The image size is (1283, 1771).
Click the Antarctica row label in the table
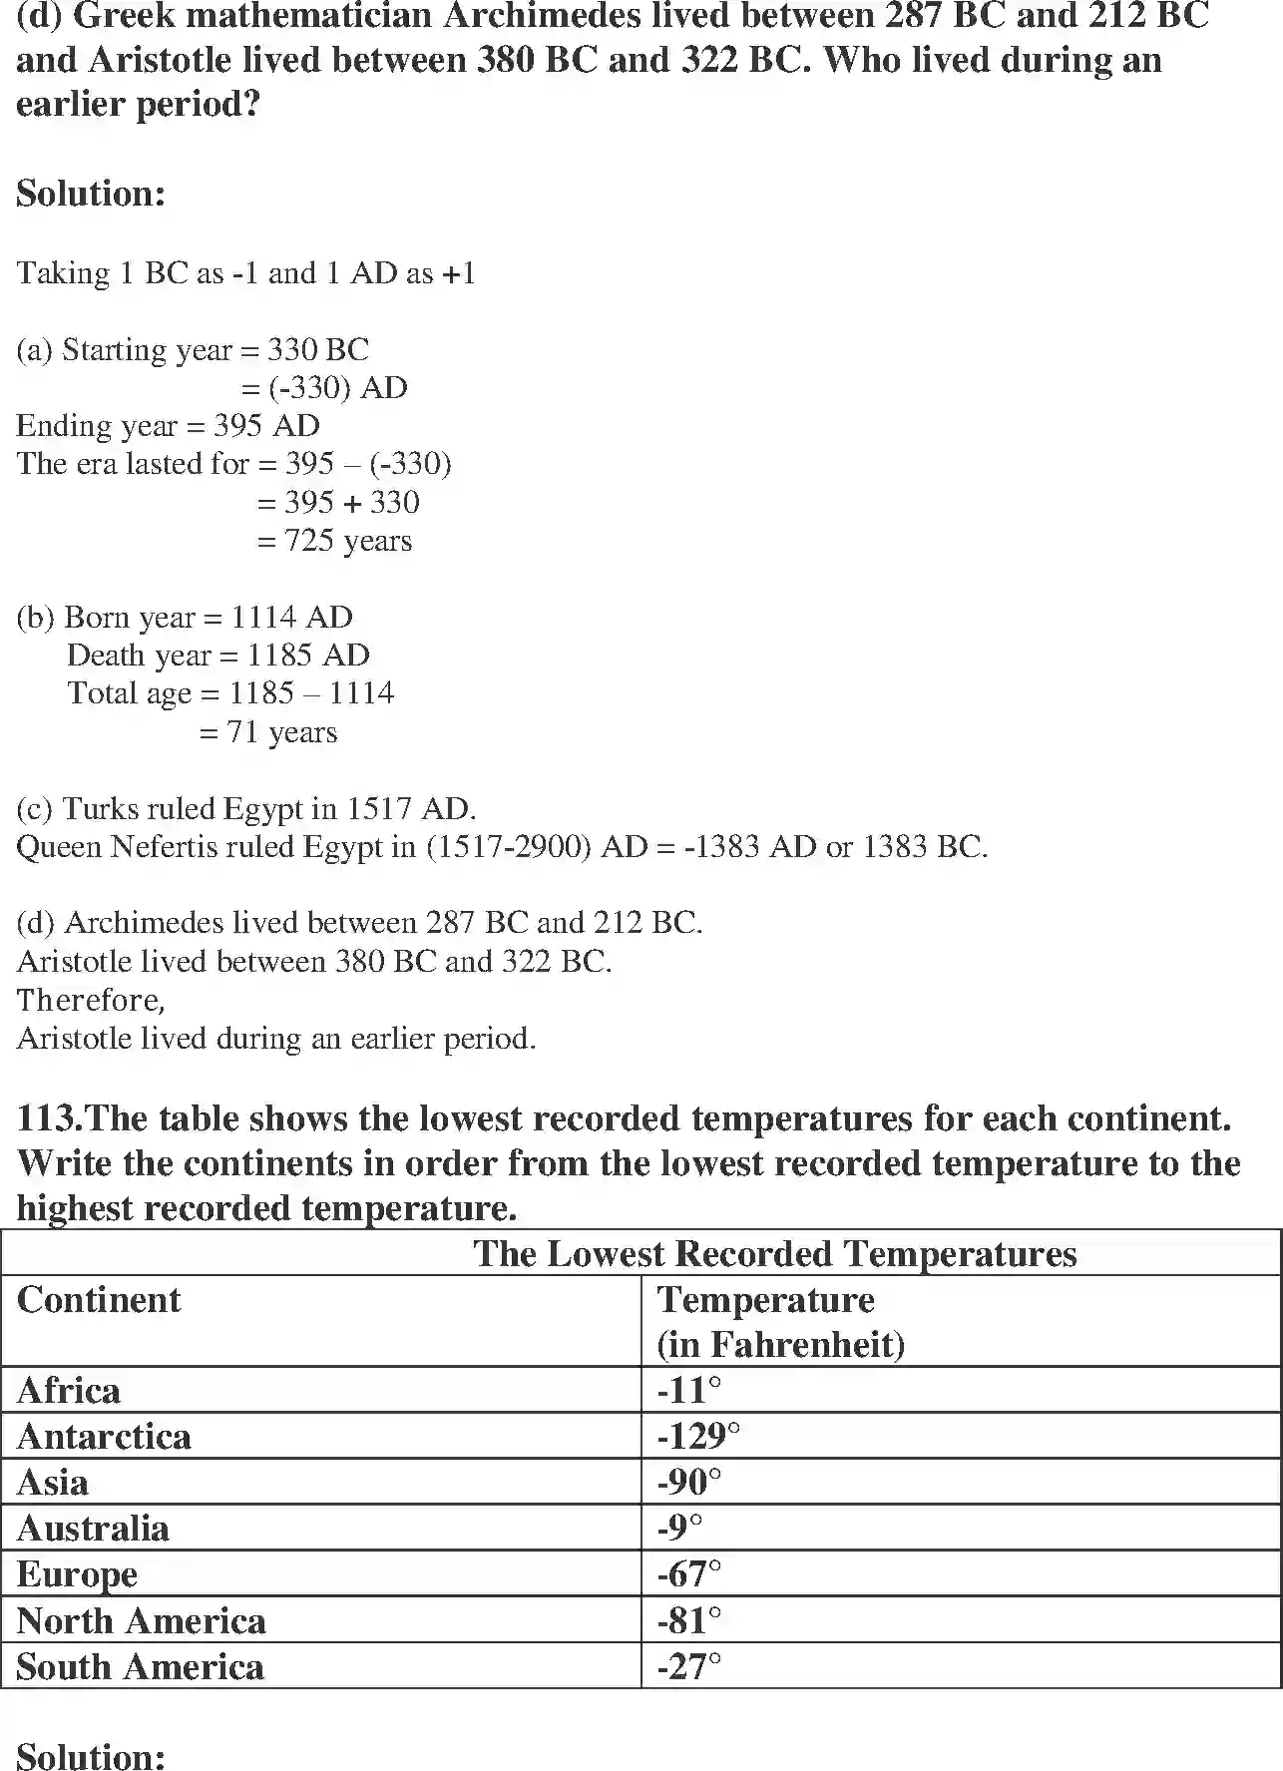tap(104, 1437)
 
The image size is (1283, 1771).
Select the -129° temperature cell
tap(698, 1437)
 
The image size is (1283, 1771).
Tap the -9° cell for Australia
tap(680, 1529)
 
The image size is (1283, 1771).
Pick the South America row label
tap(141, 1667)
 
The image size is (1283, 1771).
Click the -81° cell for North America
tap(689, 1621)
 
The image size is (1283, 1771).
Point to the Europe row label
tap(78, 1575)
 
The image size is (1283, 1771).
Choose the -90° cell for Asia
tap(689, 1483)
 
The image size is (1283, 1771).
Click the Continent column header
tap(99, 1300)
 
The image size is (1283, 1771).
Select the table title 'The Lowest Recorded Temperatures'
tap(774, 1254)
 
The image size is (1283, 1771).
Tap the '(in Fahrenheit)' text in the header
tap(780, 1345)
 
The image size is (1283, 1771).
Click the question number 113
tap(48, 1118)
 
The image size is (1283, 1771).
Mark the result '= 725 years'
tap(334, 541)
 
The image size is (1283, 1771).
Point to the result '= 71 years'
tap(268, 732)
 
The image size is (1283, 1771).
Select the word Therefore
tap(90, 1000)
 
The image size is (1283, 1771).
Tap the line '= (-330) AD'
tap(325, 388)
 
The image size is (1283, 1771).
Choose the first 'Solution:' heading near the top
tap(91, 194)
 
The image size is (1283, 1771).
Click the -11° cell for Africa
tap(689, 1391)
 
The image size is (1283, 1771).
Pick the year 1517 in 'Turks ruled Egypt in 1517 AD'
tap(380, 808)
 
